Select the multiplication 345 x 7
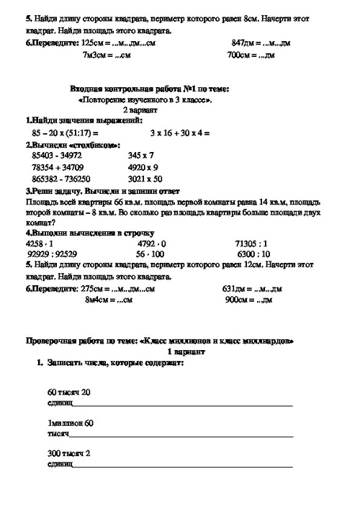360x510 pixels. click(x=141, y=156)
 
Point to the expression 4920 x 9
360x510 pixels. click(x=143, y=167)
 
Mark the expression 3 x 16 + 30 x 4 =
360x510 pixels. click(x=180, y=133)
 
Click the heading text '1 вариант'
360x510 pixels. click(x=186, y=352)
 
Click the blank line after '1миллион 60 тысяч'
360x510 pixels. click(x=180, y=436)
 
